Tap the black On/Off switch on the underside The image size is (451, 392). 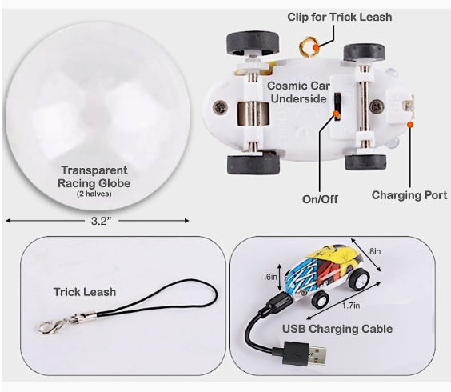[x=337, y=106]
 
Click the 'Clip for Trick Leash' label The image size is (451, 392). [x=339, y=17]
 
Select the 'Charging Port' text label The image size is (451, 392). [x=409, y=195]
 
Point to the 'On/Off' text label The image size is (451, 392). [x=320, y=199]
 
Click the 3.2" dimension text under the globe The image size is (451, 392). [x=101, y=221]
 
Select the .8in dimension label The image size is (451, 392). [x=374, y=251]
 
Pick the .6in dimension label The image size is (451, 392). [x=270, y=277]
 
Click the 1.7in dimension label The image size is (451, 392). [x=351, y=306]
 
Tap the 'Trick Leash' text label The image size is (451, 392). [x=85, y=292]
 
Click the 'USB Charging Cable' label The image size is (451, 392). [x=337, y=329]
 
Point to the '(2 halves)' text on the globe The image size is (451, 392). [x=94, y=194]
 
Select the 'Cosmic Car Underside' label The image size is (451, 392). [x=298, y=92]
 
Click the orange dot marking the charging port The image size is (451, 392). [x=410, y=124]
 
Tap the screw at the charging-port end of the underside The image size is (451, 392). [x=377, y=106]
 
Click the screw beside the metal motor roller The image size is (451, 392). [x=221, y=107]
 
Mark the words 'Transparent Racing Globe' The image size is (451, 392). [x=94, y=177]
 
